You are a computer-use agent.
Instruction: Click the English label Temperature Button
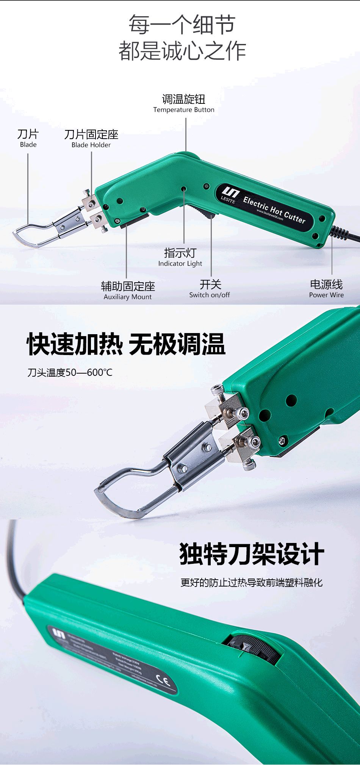coord(184,110)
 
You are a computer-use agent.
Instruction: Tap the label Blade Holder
coord(91,145)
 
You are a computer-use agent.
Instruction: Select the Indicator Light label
coord(180,264)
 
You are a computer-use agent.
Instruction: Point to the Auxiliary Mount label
coord(128,297)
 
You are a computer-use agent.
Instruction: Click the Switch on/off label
coord(210,295)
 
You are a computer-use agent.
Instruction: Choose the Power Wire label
coord(326,295)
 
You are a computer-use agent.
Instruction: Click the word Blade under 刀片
coord(28,145)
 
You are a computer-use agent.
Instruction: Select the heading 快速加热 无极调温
coord(126,344)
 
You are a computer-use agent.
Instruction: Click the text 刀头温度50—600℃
coord(70,373)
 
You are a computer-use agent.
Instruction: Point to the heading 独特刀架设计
coord(252,554)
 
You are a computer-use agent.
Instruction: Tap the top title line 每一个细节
coord(182,25)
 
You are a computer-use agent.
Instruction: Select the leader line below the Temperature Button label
coord(186,135)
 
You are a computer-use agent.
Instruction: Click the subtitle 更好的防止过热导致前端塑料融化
coord(251,583)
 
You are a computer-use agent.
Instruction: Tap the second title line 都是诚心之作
coord(182,51)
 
